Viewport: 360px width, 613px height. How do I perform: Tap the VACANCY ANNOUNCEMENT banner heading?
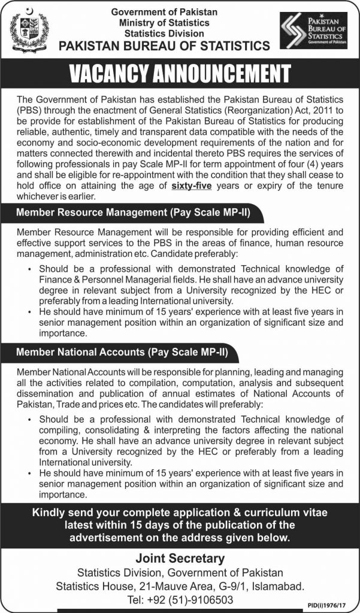coord(180,73)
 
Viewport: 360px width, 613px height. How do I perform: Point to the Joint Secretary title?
coord(180,559)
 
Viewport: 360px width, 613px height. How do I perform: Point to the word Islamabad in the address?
coord(275,586)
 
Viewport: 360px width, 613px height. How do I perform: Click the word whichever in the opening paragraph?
coord(41,196)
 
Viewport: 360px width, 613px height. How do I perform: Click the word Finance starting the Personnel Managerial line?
coord(58,280)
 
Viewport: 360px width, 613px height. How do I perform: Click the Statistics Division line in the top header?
coord(164,34)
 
